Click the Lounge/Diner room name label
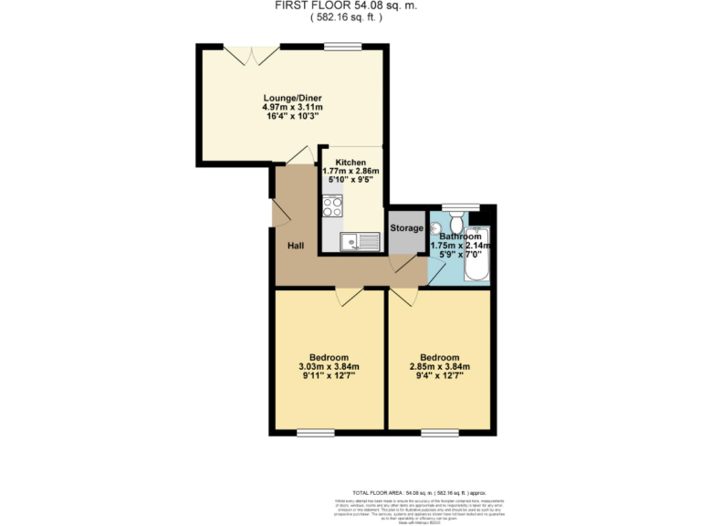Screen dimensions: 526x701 click(292, 98)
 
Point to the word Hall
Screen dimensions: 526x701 click(296, 246)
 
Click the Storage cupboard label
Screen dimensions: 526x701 click(406, 227)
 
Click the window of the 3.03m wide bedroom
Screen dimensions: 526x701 click(310, 432)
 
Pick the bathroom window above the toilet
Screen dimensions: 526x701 click(454, 205)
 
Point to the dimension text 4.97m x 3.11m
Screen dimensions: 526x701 click(292, 108)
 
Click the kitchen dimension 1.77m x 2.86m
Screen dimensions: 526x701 click(350, 172)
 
